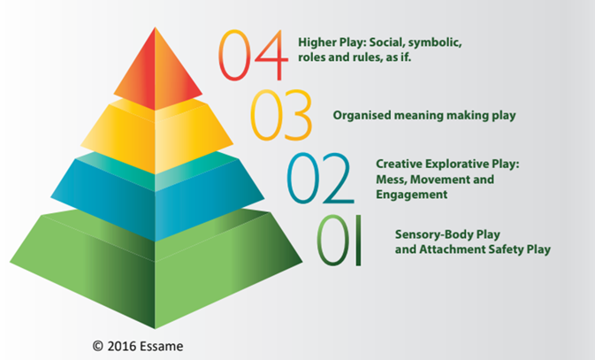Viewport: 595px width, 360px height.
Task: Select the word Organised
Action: (x=362, y=116)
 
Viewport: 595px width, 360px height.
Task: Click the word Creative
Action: (x=399, y=164)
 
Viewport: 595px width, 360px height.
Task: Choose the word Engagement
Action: (x=412, y=195)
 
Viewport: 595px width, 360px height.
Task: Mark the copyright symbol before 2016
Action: (x=97, y=346)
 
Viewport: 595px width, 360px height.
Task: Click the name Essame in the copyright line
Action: (x=161, y=347)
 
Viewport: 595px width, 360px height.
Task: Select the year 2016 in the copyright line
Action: (x=121, y=347)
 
